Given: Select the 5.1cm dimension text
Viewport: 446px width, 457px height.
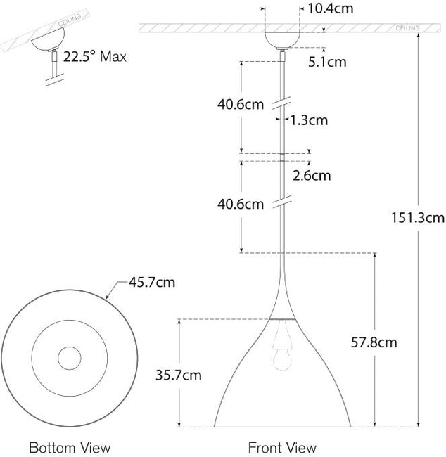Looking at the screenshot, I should tap(328, 61).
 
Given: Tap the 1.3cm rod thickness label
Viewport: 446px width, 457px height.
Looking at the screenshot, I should tap(310, 120).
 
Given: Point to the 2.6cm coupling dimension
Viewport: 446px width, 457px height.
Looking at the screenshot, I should tap(312, 175).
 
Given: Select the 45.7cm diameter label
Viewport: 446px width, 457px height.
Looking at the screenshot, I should tap(151, 283).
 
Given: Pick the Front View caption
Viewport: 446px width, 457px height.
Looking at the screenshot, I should tap(282, 447).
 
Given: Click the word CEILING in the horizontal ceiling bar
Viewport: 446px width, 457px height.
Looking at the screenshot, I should tap(408, 28).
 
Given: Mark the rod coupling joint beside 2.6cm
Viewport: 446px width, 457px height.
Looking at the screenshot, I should tap(282, 154).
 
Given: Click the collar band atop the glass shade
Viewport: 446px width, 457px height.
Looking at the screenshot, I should tap(282, 318).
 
